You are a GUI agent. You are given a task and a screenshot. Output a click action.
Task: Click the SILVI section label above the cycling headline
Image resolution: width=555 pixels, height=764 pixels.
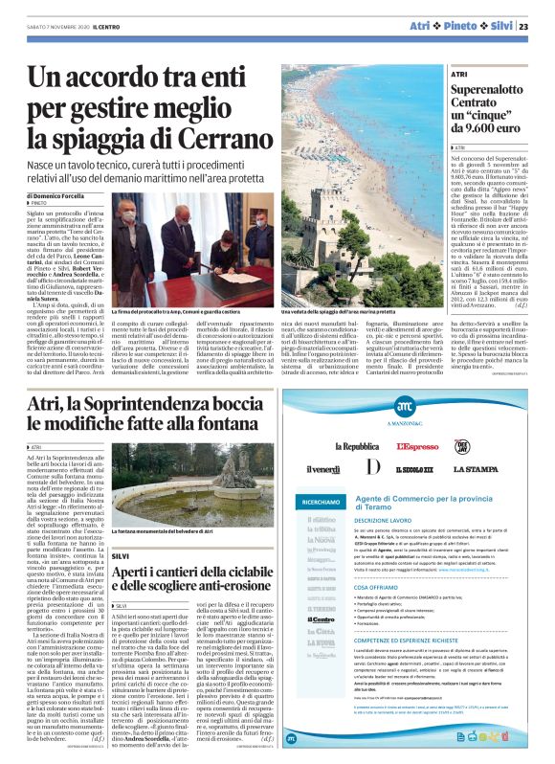coord(120,556)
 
